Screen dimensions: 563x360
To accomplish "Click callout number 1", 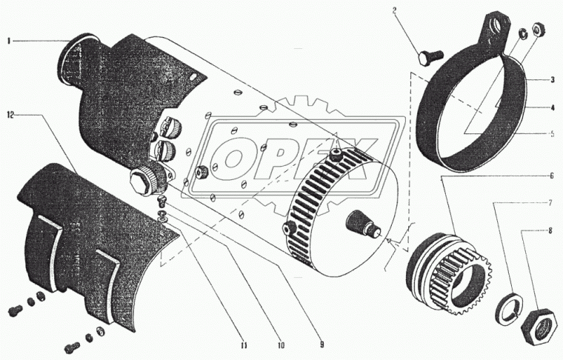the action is (8, 41).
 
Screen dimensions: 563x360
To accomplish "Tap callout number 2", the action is (394, 10).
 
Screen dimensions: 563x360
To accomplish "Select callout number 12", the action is (10, 116).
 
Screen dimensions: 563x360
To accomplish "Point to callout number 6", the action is (551, 176).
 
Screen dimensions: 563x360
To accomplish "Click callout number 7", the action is (550, 203).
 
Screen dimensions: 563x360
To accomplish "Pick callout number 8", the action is (550, 231).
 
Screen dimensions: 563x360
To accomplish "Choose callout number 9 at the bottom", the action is (322, 345).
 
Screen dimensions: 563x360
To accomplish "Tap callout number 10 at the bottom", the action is (281, 345).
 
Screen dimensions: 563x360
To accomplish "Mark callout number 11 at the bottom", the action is (244, 346).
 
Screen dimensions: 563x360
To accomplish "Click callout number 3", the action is (553, 80).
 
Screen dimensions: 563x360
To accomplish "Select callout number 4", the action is (553, 107).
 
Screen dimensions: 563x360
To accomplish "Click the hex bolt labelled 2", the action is (430, 57).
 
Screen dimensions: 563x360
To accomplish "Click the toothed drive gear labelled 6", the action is (449, 273).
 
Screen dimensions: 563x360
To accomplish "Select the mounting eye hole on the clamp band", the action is (499, 24).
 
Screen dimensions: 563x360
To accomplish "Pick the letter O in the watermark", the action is (233, 158).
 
